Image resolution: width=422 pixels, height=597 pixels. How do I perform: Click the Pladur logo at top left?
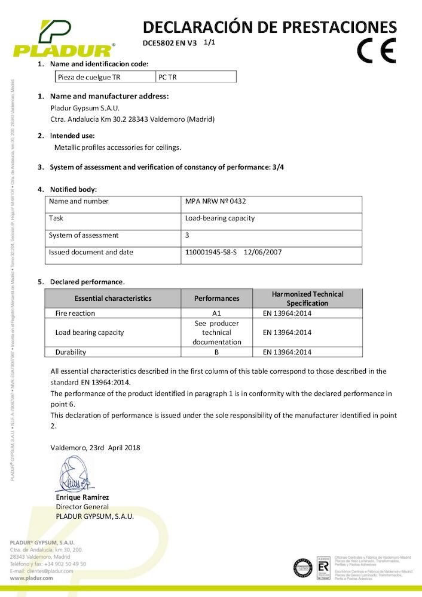click(63, 39)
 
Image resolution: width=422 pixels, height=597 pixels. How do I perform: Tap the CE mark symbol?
click(376, 51)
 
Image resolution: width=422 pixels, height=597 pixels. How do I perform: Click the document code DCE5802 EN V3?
click(170, 43)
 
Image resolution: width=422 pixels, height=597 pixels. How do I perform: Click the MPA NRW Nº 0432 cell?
click(212, 201)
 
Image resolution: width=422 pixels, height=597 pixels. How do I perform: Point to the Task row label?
click(56, 218)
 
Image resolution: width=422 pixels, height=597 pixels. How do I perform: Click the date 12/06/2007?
click(263, 252)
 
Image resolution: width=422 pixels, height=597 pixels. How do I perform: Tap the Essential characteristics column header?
click(113, 298)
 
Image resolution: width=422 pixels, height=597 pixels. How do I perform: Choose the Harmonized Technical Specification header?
click(307, 298)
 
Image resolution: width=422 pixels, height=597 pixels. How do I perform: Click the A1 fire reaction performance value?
click(217, 313)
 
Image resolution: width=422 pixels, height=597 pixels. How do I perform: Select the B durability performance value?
click(217, 352)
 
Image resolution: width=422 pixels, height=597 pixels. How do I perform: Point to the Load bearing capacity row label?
click(90, 333)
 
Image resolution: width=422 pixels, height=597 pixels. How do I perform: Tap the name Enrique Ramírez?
click(82, 497)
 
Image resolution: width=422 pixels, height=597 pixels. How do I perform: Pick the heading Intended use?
click(72, 136)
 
